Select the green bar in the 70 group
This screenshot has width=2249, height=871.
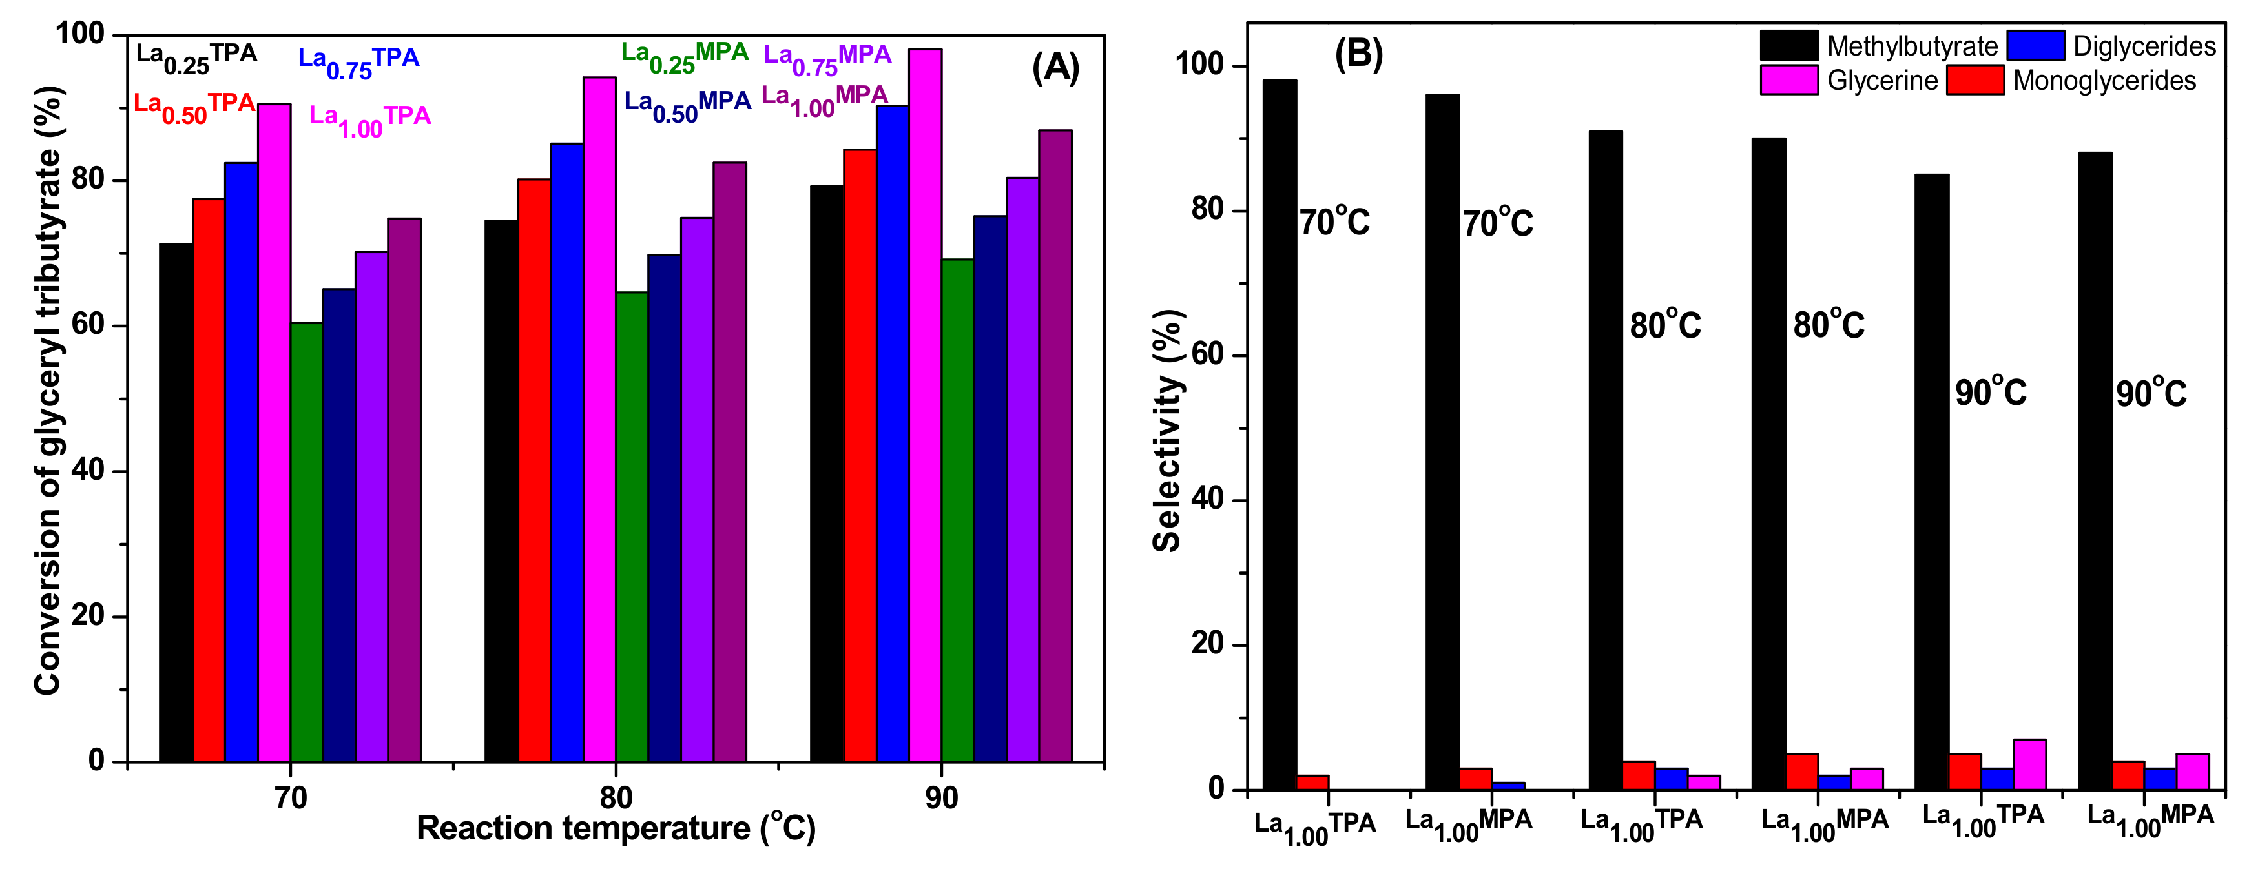pos(306,542)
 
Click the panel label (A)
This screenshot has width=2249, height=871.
pos(1055,67)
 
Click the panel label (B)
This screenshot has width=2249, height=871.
pos(1358,54)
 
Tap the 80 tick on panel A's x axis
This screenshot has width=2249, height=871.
pos(616,797)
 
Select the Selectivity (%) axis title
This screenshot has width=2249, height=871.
pos(1167,431)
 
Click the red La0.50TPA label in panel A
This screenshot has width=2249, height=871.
pos(194,107)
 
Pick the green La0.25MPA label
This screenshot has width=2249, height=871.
pos(685,57)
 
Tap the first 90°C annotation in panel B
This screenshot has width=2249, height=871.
pos(1991,392)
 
